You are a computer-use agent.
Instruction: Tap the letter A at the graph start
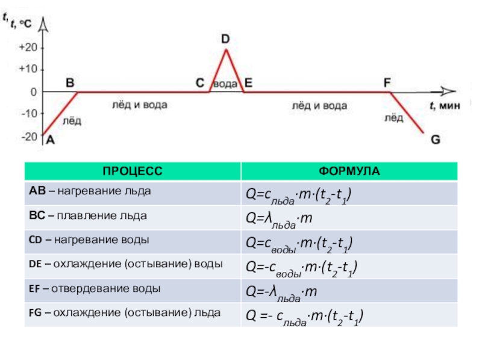[51, 140]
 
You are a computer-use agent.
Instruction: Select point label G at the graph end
[435, 140]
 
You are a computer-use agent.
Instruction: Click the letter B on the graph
[70, 82]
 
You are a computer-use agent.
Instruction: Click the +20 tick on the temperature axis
[28, 48]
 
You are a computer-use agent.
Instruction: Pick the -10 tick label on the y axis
[28, 114]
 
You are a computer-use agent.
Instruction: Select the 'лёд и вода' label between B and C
[140, 105]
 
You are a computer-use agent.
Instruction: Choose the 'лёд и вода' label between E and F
[319, 105]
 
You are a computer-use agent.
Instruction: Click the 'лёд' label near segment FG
[394, 119]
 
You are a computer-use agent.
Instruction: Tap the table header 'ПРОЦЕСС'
[132, 171]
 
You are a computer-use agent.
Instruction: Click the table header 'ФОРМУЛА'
[349, 171]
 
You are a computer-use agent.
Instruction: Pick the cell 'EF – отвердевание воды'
[95, 288]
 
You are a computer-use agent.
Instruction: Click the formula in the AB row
[298, 195]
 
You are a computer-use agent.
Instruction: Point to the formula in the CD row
[298, 243]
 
